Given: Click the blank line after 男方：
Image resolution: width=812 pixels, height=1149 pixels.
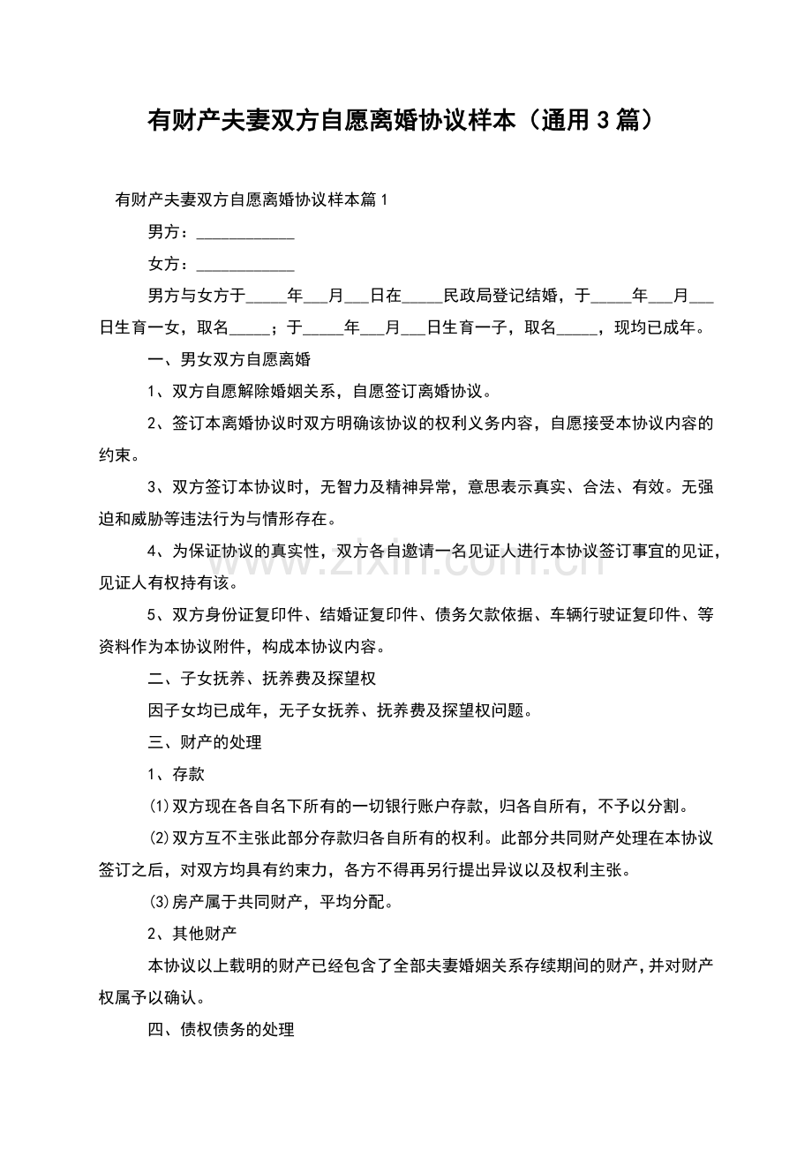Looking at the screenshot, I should pos(244,234).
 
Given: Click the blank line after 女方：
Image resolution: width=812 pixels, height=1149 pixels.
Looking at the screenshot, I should pos(244,265).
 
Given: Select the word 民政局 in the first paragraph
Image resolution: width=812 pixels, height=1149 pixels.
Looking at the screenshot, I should pos(467,296).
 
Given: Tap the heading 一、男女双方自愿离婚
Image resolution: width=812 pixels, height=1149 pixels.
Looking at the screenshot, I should pos(229,360).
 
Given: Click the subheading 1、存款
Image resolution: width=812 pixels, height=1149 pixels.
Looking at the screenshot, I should pos(177,774).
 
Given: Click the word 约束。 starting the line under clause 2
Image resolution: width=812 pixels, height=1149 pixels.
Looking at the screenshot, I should pos(119,455).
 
